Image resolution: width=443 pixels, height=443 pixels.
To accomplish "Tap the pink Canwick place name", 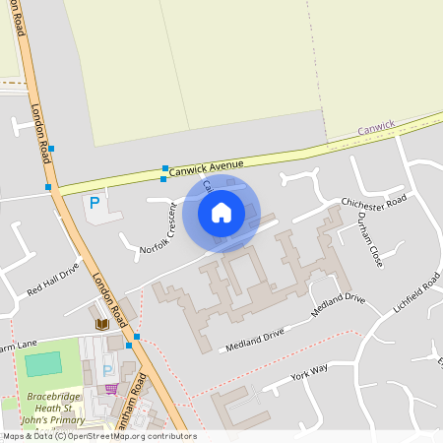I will (x=375, y=127).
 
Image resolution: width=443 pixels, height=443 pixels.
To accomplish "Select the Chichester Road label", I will (x=373, y=203).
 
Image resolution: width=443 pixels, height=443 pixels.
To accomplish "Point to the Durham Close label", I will (x=369, y=240).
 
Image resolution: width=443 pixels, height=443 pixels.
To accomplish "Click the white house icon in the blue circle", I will (x=221, y=212).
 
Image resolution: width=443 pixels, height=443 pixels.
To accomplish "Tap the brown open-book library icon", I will (x=101, y=324).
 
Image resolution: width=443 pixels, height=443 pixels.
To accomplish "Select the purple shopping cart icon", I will (x=112, y=388).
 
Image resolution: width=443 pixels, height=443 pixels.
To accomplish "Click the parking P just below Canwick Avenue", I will (x=95, y=203).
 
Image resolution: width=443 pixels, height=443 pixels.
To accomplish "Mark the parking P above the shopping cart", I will (x=107, y=370).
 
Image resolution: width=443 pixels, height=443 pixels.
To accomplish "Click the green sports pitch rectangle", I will (x=42, y=363).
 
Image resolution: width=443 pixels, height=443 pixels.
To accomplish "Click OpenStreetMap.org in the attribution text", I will (x=104, y=436).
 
